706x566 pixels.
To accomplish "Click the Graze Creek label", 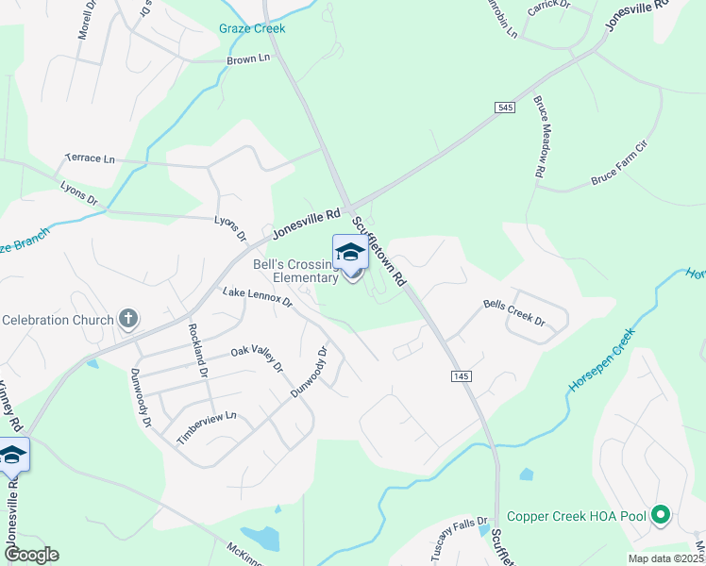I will pos(252,28).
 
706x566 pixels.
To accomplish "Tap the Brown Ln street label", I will pos(248,59).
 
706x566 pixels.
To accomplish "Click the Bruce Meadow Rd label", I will pos(541,137).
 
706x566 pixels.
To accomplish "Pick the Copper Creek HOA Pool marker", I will pos(661,516).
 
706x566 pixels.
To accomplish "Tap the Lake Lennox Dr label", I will pos(257,296).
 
